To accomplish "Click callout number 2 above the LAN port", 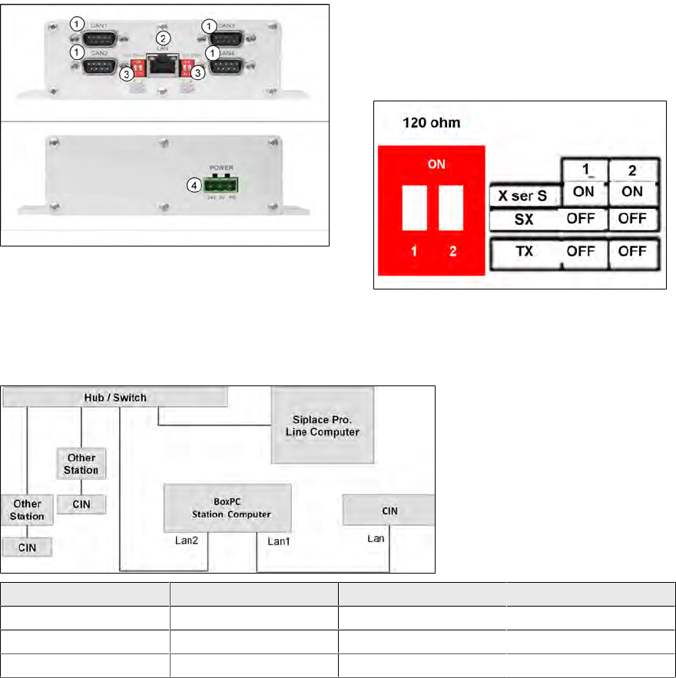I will point(162,38).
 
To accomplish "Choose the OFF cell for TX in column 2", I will point(633,251).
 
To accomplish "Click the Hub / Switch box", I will point(116,397).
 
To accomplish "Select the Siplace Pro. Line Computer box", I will point(323,425).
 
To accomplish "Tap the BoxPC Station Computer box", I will point(227,508).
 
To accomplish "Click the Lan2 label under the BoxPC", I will point(187,541).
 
